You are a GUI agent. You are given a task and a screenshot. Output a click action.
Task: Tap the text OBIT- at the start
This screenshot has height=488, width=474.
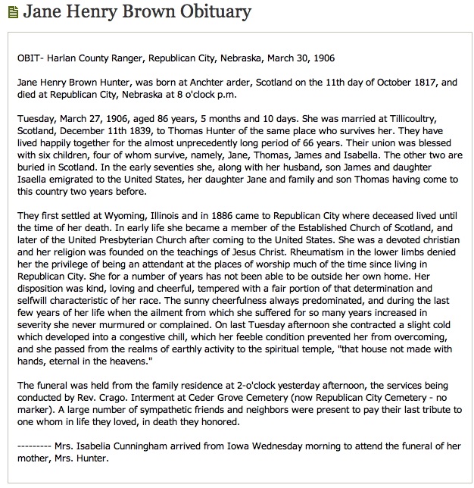30,58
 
